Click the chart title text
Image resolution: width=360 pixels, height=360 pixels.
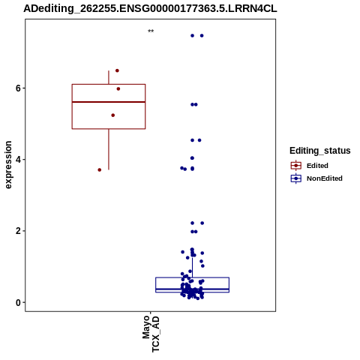click(150, 8)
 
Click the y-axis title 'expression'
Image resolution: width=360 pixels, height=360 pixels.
click(8, 165)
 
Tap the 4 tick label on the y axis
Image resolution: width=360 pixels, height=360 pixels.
click(18, 160)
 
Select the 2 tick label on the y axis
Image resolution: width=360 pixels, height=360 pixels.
click(18, 231)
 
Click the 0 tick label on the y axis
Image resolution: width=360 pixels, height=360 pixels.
click(18, 302)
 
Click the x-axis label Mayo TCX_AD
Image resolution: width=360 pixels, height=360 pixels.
click(151, 334)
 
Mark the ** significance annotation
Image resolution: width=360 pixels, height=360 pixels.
click(151, 31)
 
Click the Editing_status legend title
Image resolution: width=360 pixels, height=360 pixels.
click(320, 151)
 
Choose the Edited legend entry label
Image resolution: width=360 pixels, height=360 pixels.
click(317, 166)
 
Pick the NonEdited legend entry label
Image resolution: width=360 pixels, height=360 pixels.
click(325, 178)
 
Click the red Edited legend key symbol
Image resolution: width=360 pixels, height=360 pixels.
click(296, 166)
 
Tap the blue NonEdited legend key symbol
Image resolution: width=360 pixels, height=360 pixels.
click(296, 178)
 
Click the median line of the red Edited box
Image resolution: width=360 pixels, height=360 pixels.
click(109, 102)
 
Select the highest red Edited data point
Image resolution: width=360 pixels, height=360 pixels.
click(117, 70)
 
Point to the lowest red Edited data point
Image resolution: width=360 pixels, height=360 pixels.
click(100, 170)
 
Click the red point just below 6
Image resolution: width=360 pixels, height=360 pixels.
click(118, 88)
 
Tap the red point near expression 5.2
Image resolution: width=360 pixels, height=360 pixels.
click(113, 115)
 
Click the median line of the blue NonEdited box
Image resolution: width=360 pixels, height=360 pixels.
click(193, 289)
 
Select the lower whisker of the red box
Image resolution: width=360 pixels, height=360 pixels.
click(109, 149)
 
